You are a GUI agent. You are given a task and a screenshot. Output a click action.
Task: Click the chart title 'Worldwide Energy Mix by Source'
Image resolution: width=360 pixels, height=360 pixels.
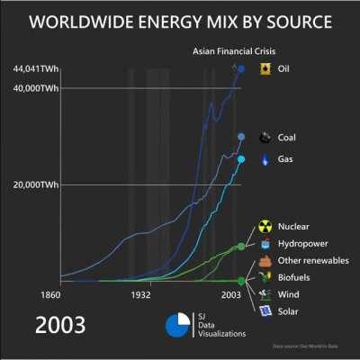click(180, 22)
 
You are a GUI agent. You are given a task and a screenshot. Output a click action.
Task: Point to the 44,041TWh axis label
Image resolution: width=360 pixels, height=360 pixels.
click(35, 69)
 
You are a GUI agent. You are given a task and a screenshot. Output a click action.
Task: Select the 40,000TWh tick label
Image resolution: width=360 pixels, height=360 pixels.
click(35, 87)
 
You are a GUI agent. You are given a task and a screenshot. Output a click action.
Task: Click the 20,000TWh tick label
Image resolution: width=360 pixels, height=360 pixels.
click(35, 185)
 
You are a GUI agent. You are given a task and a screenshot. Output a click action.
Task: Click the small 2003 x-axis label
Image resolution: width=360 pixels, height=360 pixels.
click(231, 294)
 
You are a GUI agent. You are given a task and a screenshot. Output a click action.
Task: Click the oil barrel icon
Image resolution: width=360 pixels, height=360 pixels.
click(265, 69)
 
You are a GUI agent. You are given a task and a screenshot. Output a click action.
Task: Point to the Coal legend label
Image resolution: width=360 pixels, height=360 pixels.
click(288, 138)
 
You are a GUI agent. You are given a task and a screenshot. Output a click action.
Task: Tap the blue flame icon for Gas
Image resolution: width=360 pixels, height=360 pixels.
click(265, 159)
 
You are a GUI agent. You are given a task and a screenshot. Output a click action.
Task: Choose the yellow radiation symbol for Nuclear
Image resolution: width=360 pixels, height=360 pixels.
click(265, 227)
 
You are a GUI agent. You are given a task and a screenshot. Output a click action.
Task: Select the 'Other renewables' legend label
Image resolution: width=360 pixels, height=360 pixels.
click(310, 261)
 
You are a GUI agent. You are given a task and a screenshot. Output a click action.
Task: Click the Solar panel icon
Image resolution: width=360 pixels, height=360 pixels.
click(265, 311)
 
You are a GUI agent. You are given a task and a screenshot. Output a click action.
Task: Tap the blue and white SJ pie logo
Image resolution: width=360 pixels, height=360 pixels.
click(181, 325)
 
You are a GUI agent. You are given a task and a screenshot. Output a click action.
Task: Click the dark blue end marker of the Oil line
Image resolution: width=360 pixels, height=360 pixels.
click(240, 69)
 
